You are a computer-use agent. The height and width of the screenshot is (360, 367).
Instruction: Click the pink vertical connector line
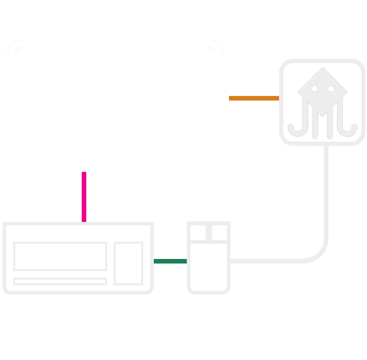84,197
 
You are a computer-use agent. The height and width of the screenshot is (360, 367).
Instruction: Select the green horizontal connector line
170,261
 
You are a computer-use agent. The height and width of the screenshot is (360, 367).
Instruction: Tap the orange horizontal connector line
254,99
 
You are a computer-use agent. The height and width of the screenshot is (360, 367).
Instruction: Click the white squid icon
322,102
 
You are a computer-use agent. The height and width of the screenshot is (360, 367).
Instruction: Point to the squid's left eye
314,89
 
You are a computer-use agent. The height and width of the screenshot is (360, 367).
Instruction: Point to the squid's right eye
331,89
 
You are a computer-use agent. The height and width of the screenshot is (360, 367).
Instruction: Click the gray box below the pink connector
78,256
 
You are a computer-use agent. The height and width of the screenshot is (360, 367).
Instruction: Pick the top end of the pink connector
84,174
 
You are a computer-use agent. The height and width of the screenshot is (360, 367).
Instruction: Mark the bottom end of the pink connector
84,220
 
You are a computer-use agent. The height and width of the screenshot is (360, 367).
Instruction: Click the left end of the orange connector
231,99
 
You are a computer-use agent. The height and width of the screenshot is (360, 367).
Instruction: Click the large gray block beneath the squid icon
279,203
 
